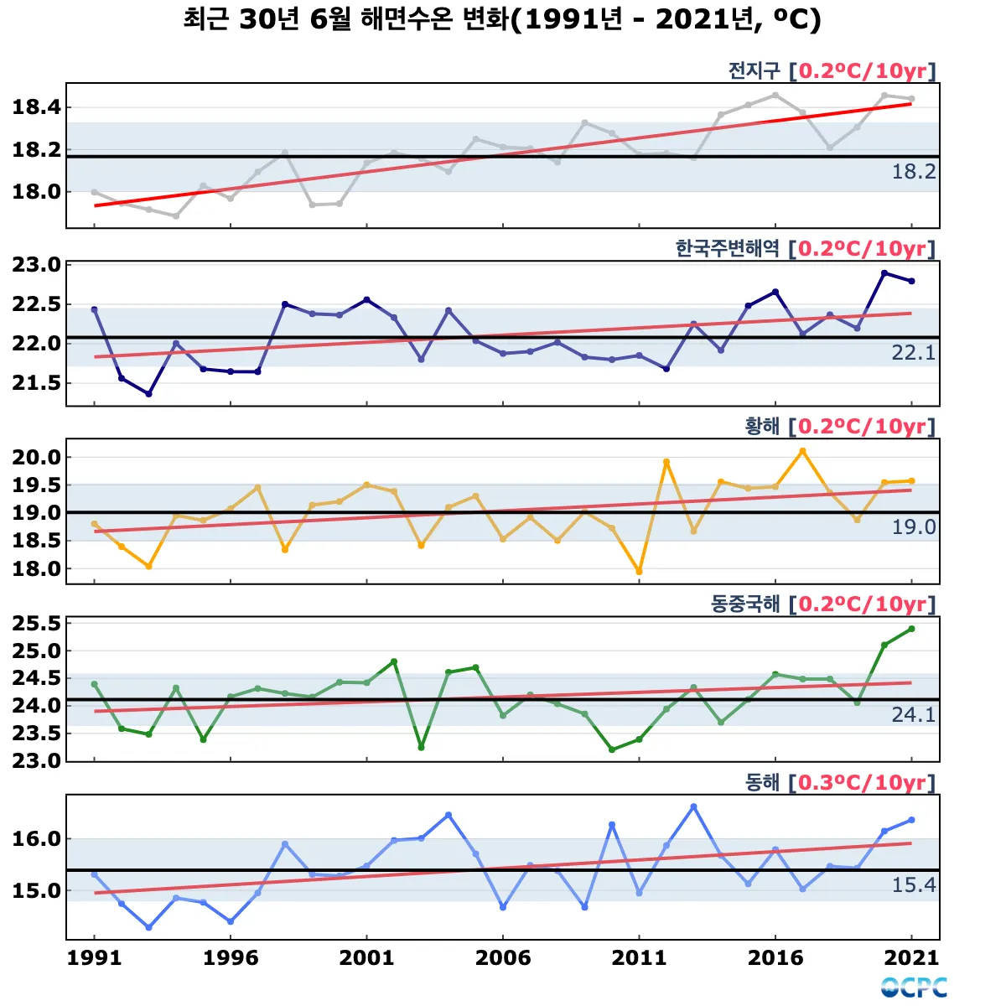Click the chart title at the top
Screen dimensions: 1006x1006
tap(501, 19)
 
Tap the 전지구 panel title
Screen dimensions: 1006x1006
tap(753, 70)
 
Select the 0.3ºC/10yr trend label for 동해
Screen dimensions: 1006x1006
tap(862, 782)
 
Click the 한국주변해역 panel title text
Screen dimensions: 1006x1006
tap(727, 248)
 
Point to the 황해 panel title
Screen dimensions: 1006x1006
tap(761, 426)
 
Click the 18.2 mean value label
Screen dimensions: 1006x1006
tap(913, 172)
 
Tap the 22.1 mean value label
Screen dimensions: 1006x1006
tap(913, 353)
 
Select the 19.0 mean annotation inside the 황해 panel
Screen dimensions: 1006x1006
tap(913, 527)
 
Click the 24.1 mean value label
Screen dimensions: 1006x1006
tap(913, 715)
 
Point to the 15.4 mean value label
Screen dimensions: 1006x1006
tap(913, 885)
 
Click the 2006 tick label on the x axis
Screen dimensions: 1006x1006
tap(503, 958)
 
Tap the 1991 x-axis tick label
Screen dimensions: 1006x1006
tap(94, 958)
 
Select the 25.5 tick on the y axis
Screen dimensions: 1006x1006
tap(37, 624)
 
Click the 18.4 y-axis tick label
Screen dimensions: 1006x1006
tap(37, 107)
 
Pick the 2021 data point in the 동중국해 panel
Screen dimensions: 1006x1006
tap(911, 629)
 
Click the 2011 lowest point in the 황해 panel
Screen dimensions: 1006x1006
tap(639, 572)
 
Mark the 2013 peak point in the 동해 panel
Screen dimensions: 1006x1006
tap(693, 806)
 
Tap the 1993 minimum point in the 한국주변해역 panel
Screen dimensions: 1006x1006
tap(148, 394)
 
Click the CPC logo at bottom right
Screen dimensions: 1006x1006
tap(914, 988)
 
